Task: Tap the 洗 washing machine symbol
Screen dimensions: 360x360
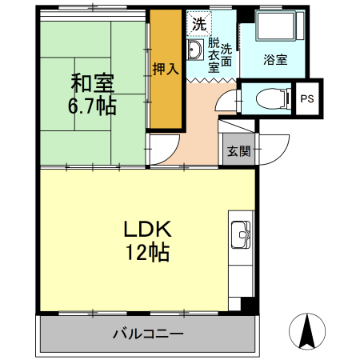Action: point(197,23)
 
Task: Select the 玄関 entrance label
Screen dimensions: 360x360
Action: point(237,150)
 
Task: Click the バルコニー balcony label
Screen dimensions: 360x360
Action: point(148,333)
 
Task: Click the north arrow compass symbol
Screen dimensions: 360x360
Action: point(307,331)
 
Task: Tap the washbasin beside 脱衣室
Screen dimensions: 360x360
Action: point(194,53)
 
